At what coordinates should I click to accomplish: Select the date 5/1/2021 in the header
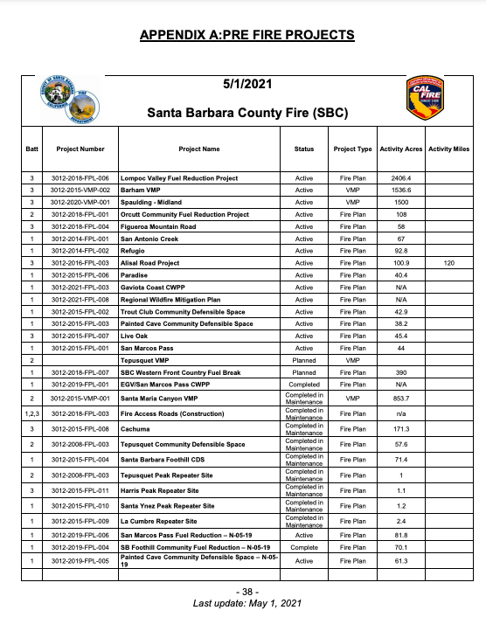coord(246,85)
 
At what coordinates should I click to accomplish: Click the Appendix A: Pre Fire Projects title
coord(246,35)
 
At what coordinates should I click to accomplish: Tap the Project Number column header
coord(80,149)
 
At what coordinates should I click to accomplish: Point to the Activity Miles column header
coord(449,149)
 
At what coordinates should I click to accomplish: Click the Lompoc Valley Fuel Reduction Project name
coord(178,177)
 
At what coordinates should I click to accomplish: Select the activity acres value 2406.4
coord(401,177)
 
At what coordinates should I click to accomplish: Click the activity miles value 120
coord(449,262)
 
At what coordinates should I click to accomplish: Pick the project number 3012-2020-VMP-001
coord(80,202)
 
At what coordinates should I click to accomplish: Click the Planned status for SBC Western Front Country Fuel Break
coord(304,371)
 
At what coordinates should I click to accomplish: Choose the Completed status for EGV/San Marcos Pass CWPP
coord(304,384)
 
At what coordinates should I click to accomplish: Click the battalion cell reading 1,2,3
coord(31,413)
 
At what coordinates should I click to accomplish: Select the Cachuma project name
coord(135,429)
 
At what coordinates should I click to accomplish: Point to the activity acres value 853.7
coord(401,398)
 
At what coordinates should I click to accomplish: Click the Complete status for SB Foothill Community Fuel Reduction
coord(304,547)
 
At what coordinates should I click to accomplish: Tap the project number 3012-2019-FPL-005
coord(80,560)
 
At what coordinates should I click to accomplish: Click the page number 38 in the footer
coord(246,592)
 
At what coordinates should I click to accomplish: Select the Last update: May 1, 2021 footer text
coord(246,603)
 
